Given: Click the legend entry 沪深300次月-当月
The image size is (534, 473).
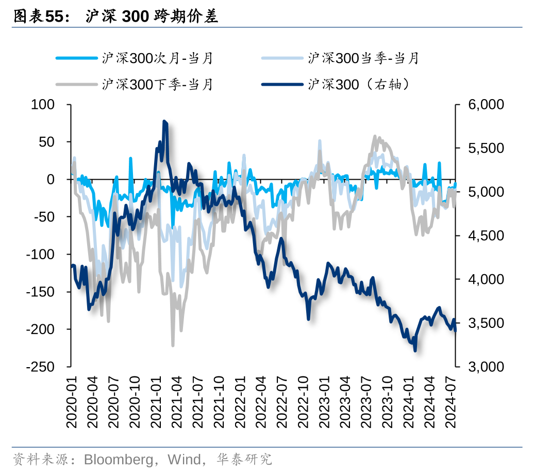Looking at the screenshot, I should (x=157, y=58).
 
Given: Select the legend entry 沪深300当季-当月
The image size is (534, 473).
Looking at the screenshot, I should (x=363, y=58).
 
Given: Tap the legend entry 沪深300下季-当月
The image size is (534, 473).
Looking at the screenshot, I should (x=157, y=84).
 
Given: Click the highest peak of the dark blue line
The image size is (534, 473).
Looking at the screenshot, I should (x=164, y=122).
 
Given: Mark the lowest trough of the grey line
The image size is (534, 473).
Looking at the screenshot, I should (x=173, y=345).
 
